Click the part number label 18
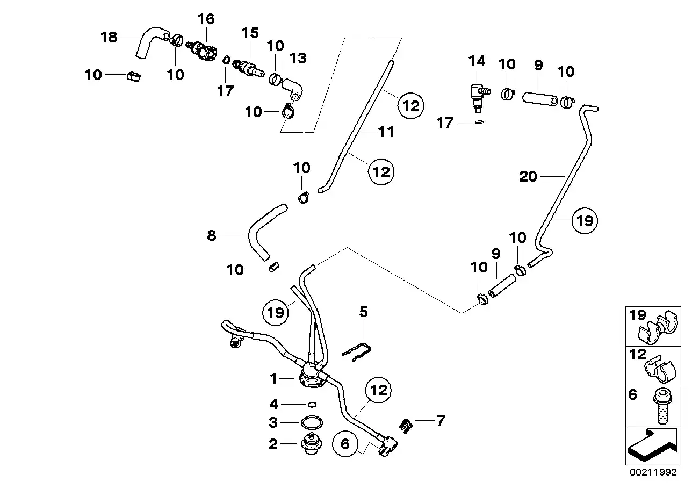pos(109,37)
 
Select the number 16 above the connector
pos(206,19)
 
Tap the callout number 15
pos(250,33)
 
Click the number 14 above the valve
pos(477,61)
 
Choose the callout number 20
pos(528,176)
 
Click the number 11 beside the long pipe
pos(386,132)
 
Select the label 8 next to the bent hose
pos(212,235)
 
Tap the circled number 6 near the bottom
pos(345,444)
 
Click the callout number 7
pos(441,420)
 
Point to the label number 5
pos(364,312)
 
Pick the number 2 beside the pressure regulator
pos(273,444)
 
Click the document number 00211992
pos(658,473)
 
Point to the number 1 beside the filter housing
pos(273,379)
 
